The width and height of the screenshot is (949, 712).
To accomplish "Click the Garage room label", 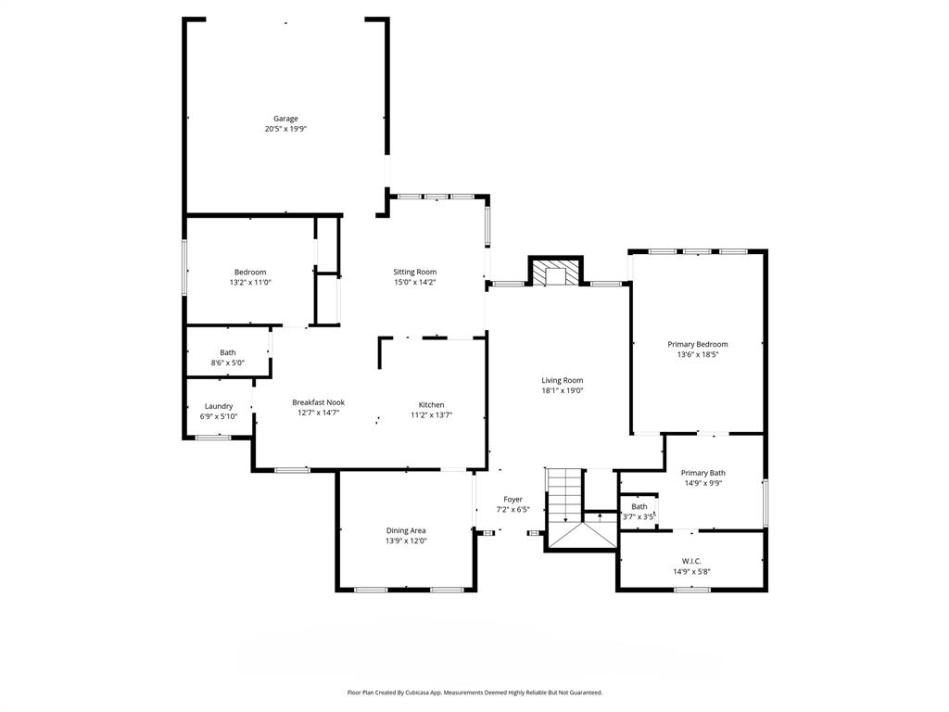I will click(x=285, y=119).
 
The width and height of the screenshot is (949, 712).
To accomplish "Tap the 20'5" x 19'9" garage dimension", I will click(x=285, y=129).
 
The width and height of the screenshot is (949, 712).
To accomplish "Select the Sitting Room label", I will click(x=414, y=272).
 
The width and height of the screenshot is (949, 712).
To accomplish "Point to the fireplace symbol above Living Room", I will click(x=555, y=273).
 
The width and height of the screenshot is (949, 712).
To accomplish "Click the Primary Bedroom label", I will click(x=698, y=344).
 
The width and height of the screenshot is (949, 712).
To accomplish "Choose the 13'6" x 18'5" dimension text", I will click(x=698, y=354).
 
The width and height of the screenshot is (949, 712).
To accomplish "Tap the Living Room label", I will click(x=563, y=380).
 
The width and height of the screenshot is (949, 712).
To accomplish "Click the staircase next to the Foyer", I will click(x=563, y=496).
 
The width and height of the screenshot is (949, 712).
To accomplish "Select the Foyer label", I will click(x=513, y=499).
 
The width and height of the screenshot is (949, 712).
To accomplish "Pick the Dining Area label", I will click(x=406, y=530).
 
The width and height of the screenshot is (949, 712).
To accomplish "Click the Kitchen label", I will click(x=431, y=404).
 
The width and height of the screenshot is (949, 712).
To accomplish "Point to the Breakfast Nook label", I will click(x=318, y=402).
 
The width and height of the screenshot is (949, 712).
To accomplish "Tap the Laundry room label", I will click(x=219, y=406).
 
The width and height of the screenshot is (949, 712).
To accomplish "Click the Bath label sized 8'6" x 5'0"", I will click(x=228, y=352).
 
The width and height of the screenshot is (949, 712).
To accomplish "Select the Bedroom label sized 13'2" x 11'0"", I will click(x=250, y=272).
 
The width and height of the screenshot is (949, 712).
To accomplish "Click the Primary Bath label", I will click(x=703, y=473).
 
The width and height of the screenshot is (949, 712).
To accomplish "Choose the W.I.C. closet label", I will click(x=690, y=561).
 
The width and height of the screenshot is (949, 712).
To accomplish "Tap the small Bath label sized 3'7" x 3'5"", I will click(x=639, y=506).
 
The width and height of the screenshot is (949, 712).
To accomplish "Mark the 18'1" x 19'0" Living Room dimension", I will click(x=563, y=390).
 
